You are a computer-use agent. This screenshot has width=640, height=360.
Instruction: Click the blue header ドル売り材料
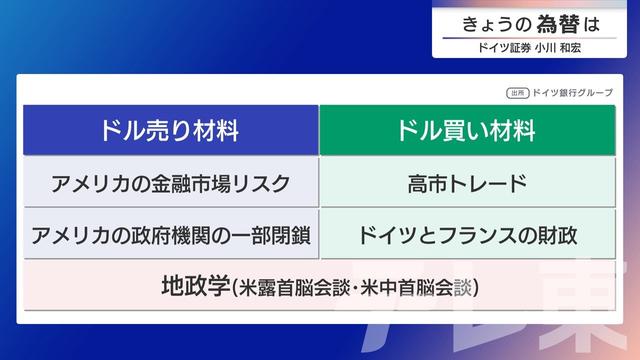(x=170, y=130)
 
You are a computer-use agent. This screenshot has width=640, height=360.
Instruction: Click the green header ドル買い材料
(x=466, y=130)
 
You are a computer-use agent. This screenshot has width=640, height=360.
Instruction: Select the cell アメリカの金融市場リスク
(x=170, y=183)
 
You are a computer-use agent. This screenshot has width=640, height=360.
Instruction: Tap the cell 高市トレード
(x=467, y=183)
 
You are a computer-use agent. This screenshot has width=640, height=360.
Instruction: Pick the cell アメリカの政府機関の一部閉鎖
(x=170, y=236)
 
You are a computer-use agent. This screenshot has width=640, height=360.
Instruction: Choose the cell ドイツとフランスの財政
(x=467, y=236)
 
